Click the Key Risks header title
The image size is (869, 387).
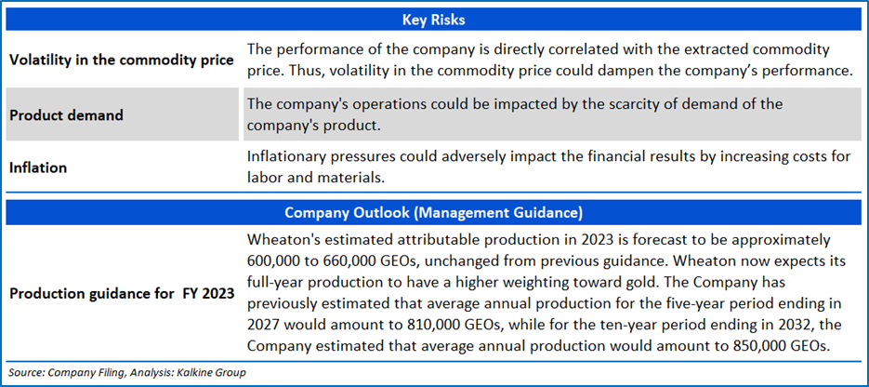coord(434,20)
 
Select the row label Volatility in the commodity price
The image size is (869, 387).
coord(122,60)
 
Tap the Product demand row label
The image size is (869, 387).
coord(67,115)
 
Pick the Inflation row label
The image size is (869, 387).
coord(38,167)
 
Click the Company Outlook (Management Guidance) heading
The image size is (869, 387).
coord(434,212)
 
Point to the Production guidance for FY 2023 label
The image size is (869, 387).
coord(122,293)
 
